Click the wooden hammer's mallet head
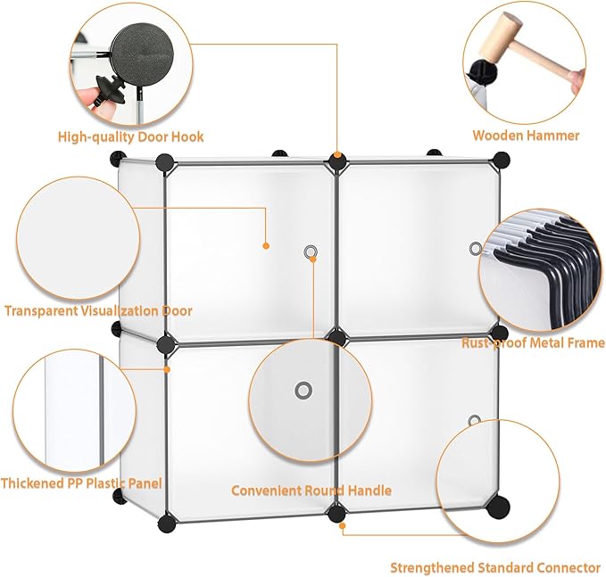click(499, 37)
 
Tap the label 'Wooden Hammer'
click(526, 136)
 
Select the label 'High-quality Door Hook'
click(130, 136)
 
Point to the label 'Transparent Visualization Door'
click(98, 311)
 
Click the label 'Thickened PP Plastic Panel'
click(81, 483)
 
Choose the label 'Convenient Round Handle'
click(311, 490)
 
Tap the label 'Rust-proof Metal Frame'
click(534, 342)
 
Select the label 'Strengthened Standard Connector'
click(495, 568)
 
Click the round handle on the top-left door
click(310, 252)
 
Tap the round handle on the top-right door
click(476, 248)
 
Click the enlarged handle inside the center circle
click(303, 391)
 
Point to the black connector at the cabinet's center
click(337, 337)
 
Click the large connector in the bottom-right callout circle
click(498, 507)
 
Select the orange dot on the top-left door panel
click(266, 245)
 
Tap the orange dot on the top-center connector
click(337, 155)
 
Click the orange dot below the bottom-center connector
click(342, 525)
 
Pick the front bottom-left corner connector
click(167, 523)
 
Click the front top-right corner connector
click(502, 160)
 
